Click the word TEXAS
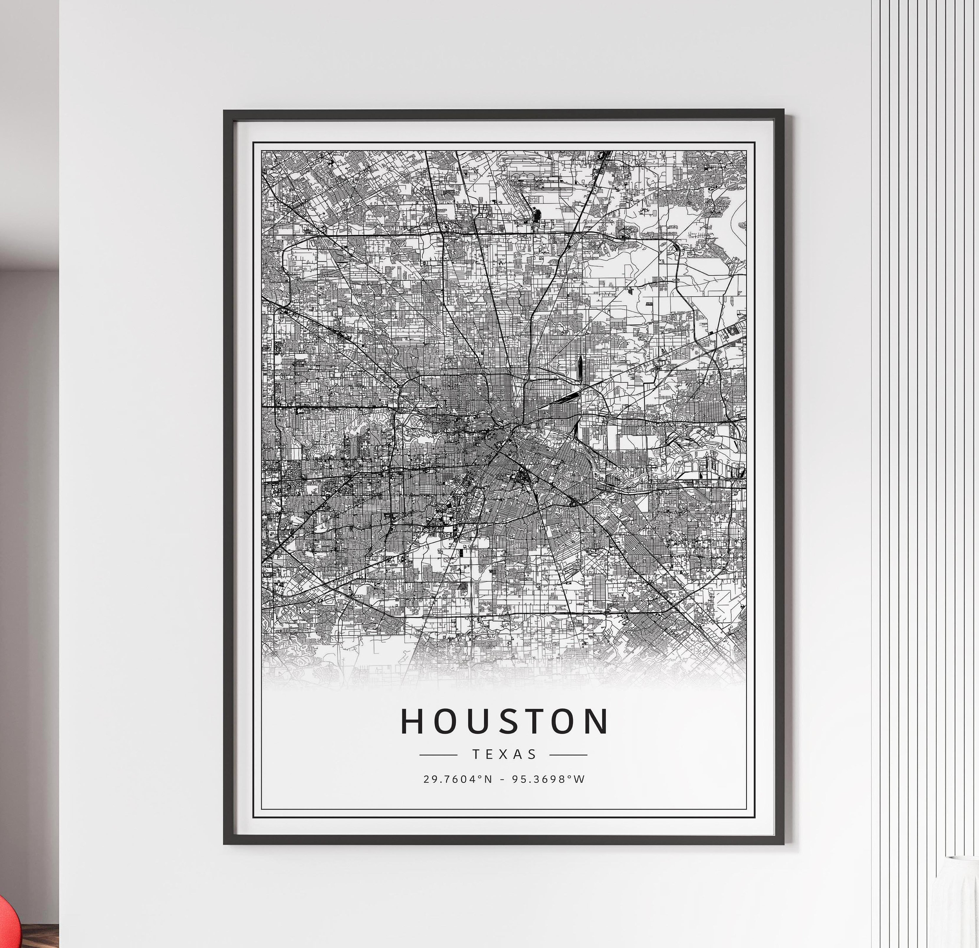(x=504, y=754)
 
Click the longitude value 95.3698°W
(x=548, y=779)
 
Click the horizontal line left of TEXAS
(x=438, y=755)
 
